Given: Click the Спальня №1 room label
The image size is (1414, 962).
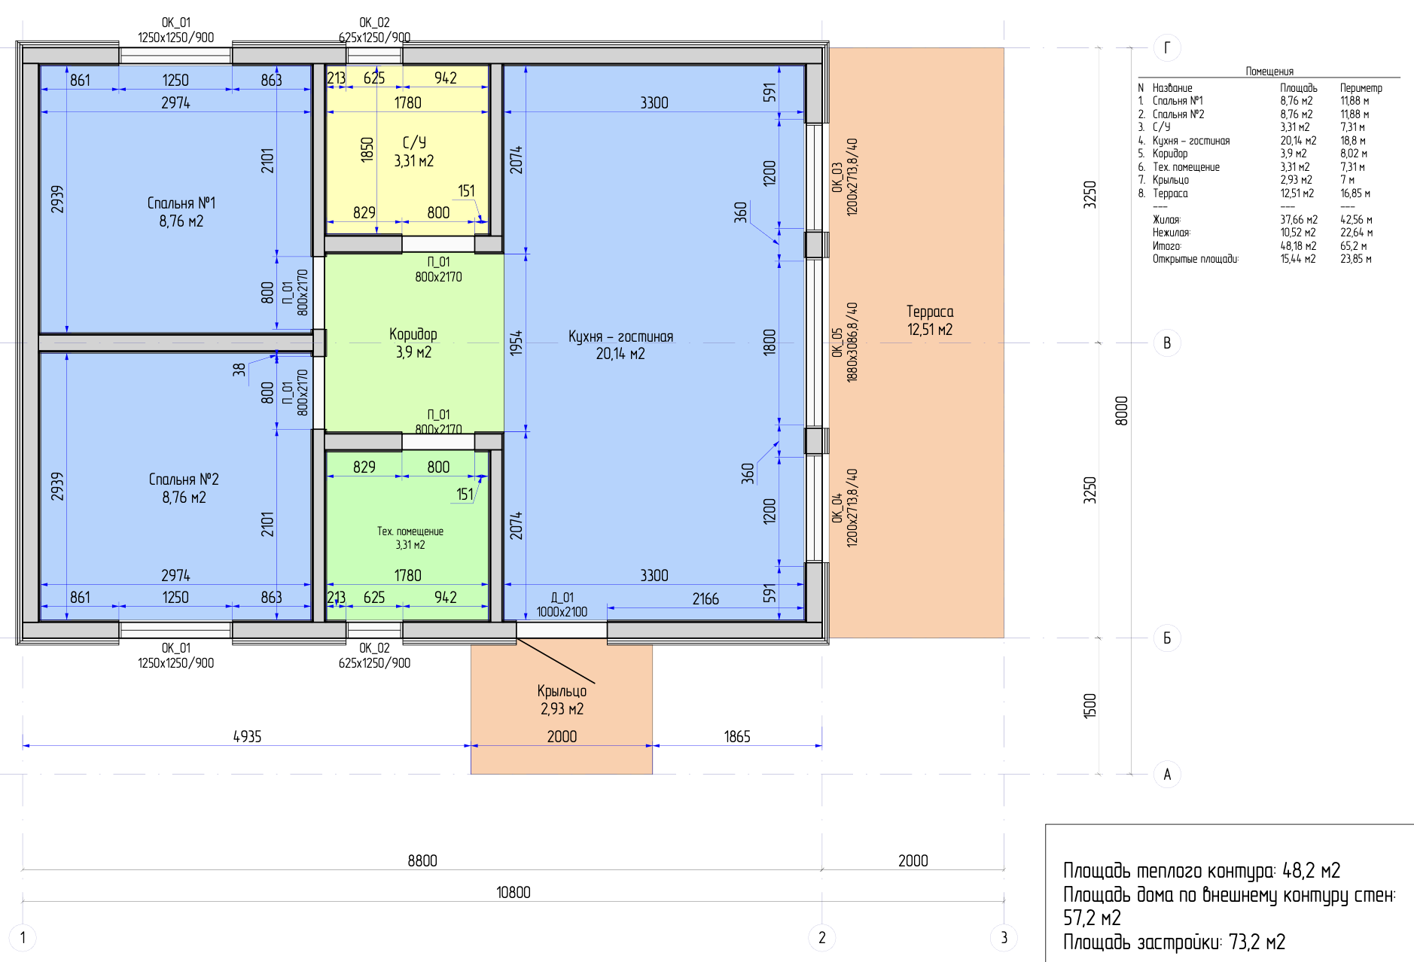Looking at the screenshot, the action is [x=181, y=203].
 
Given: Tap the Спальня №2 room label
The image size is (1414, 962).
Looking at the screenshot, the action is [x=184, y=479].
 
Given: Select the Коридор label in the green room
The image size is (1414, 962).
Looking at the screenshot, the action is [x=413, y=334].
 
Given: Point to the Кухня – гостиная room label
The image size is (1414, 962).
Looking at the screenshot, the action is [x=620, y=336].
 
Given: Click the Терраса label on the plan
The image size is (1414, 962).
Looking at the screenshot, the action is [x=930, y=312].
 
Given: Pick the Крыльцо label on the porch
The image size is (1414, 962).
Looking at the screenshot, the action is [x=562, y=691].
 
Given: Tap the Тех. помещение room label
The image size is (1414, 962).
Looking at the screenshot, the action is [x=410, y=531].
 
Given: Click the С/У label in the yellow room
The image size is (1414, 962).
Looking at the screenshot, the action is [x=414, y=143].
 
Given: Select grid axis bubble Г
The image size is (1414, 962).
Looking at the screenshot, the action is [x=1167, y=48].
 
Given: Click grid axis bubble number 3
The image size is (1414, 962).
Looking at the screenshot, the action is [x=1004, y=938].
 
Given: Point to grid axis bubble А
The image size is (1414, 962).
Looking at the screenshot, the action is [x=1167, y=775].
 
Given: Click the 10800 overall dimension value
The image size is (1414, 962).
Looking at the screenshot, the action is [x=513, y=893].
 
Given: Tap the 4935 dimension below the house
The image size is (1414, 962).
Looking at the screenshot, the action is [x=247, y=737].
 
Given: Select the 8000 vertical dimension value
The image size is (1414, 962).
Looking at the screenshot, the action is [x=1121, y=411].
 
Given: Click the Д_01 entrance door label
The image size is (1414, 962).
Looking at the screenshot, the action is [x=562, y=598].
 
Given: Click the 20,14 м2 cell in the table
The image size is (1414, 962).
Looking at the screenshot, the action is [x=1298, y=141].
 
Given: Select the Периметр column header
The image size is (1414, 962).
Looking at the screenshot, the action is [x=1361, y=88].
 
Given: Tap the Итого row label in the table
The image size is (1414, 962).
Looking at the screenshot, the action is [x=1166, y=246].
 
